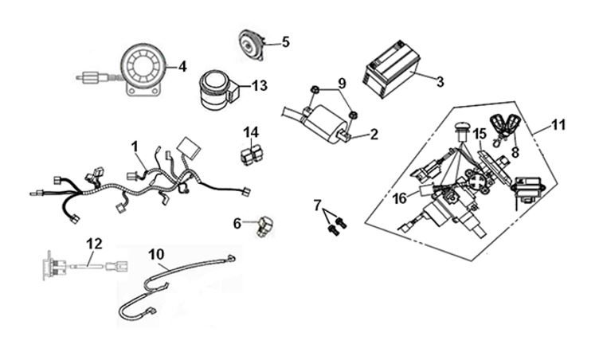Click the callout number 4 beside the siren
click(182, 66)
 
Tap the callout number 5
click(286, 42)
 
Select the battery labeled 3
click(391, 69)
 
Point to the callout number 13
click(260, 85)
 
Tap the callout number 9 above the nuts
click(342, 83)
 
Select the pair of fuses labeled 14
click(252, 153)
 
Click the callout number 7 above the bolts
click(317, 205)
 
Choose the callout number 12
click(94, 244)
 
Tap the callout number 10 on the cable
click(156, 254)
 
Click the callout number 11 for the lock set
click(558, 125)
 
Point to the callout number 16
click(400, 199)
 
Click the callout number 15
click(480, 134)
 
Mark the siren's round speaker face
click(144, 66)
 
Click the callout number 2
click(374, 134)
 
